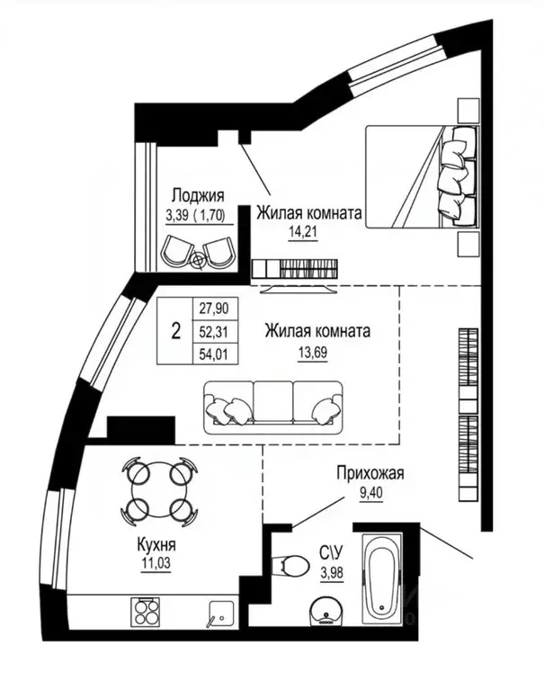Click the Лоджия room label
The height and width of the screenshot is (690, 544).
pyautogui.click(x=197, y=195)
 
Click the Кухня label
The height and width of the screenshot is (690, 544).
pyautogui.click(x=156, y=546)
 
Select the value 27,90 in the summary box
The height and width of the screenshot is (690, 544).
pyautogui.click(x=213, y=309)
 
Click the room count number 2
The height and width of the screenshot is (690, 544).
pyautogui.click(x=175, y=331)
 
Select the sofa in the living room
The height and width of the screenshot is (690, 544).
pyautogui.click(x=272, y=406)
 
